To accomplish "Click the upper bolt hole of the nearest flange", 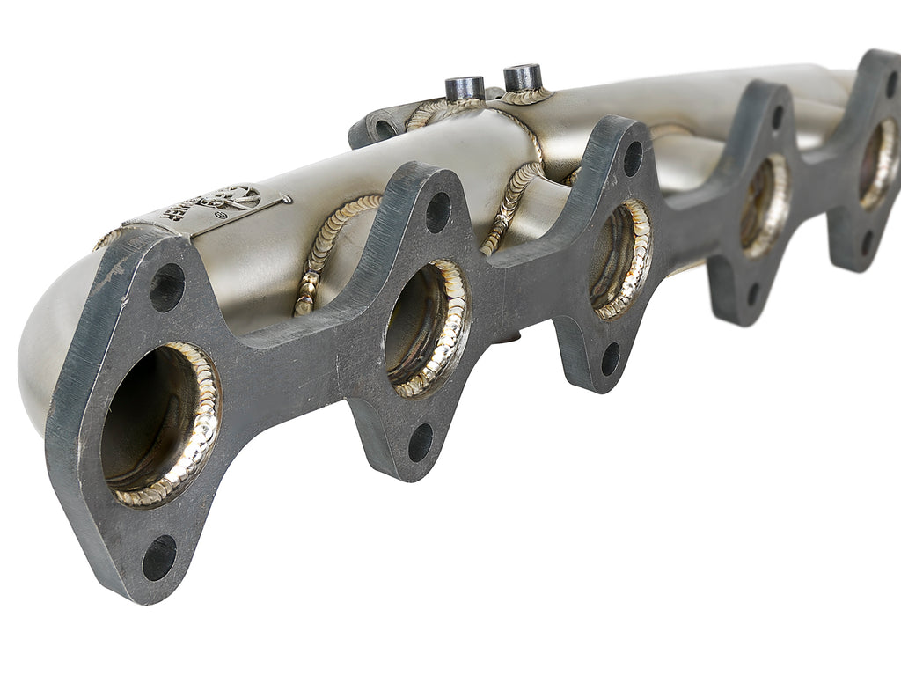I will (166, 288).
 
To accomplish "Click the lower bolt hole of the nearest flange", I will (159, 557).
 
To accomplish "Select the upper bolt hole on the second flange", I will (438, 212).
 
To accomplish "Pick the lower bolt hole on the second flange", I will (421, 442).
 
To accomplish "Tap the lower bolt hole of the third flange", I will (610, 358).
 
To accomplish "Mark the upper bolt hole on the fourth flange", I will (777, 117).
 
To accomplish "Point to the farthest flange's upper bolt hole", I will (891, 84).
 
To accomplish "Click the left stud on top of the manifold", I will (464, 89).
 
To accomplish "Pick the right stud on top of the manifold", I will (523, 77).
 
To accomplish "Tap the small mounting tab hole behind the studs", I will (385, 129).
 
